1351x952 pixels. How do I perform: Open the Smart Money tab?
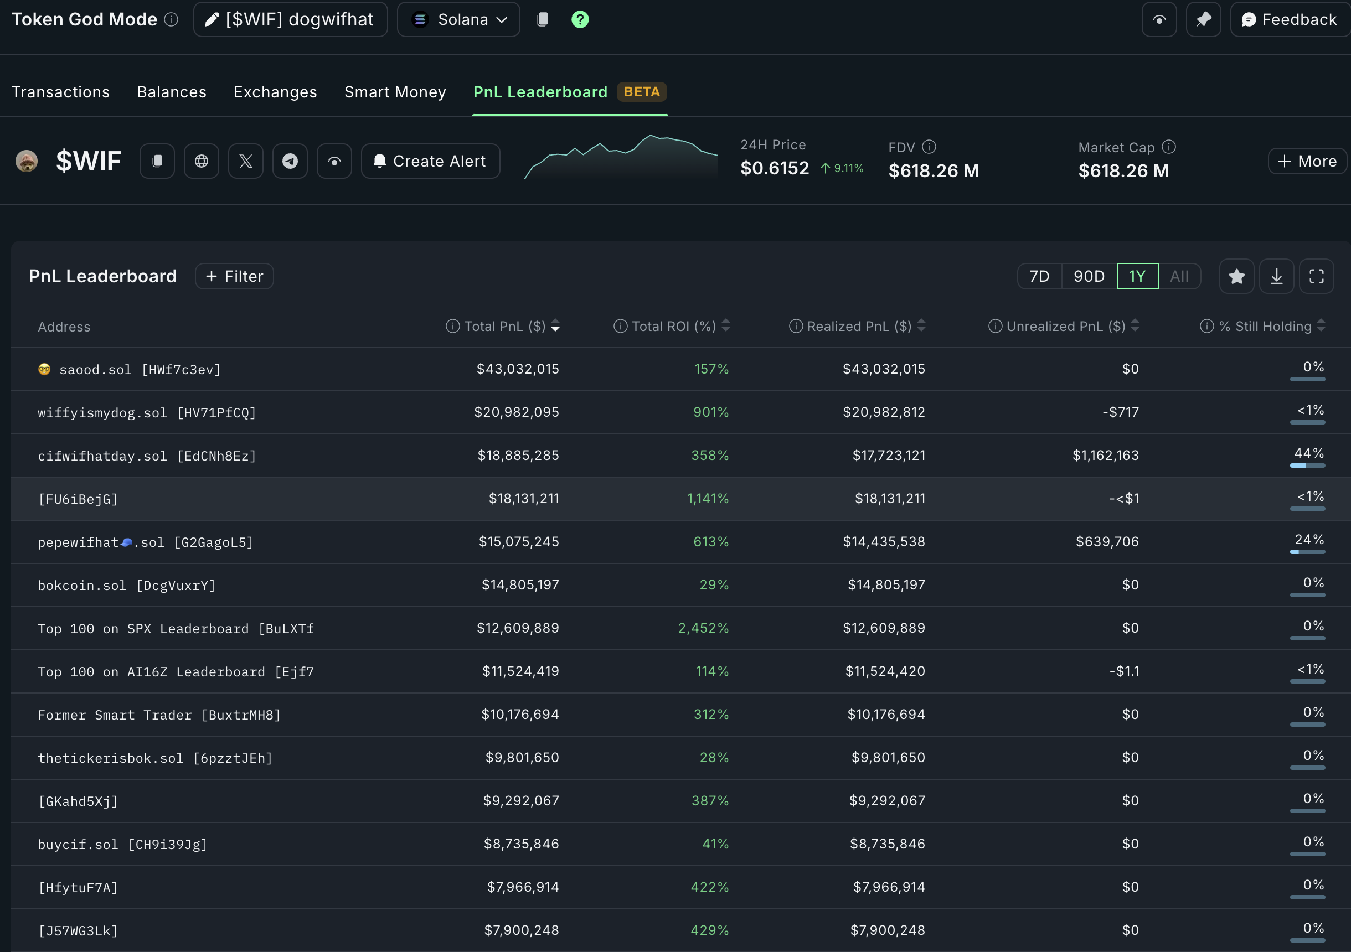point(395,92)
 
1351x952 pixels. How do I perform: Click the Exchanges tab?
point(275,92)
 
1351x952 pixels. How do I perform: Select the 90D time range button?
point(1089,276)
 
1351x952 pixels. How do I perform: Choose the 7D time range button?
point(1039,276)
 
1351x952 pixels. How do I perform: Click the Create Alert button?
point(430,161)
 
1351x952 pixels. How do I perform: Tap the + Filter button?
point(234,276)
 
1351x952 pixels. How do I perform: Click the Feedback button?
point(1289,19)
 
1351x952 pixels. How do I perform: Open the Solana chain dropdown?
point(458,19)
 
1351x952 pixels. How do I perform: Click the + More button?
point(1307,161)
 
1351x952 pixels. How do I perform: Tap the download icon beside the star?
point(1276,276)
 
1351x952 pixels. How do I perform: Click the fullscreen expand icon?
point(1316,276)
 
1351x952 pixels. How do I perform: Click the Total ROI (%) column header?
point(673,326)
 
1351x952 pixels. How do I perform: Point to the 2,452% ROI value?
point(703,628)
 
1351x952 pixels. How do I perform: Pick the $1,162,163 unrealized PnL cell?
point(1105,456)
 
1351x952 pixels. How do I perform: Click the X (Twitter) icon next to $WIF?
point(245,161)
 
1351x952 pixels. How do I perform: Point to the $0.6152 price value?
point(775,168)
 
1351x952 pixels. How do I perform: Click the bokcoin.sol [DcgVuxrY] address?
point(126,586)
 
